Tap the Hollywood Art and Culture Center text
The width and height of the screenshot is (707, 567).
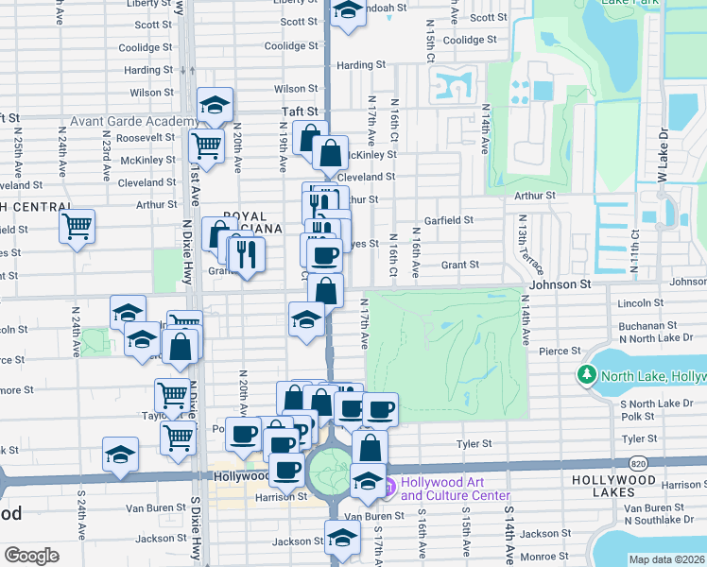tap(455, 488)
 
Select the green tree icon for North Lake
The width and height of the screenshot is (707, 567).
tap(587, 376)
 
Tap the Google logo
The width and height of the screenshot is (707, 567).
tap(31, 555)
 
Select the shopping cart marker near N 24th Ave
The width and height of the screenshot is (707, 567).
tap(77, 226)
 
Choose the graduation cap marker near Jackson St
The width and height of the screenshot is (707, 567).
tap(343, 538)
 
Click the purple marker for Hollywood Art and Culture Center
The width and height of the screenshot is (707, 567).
tap(388, 488)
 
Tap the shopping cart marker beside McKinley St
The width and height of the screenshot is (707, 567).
tap(206, 146)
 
